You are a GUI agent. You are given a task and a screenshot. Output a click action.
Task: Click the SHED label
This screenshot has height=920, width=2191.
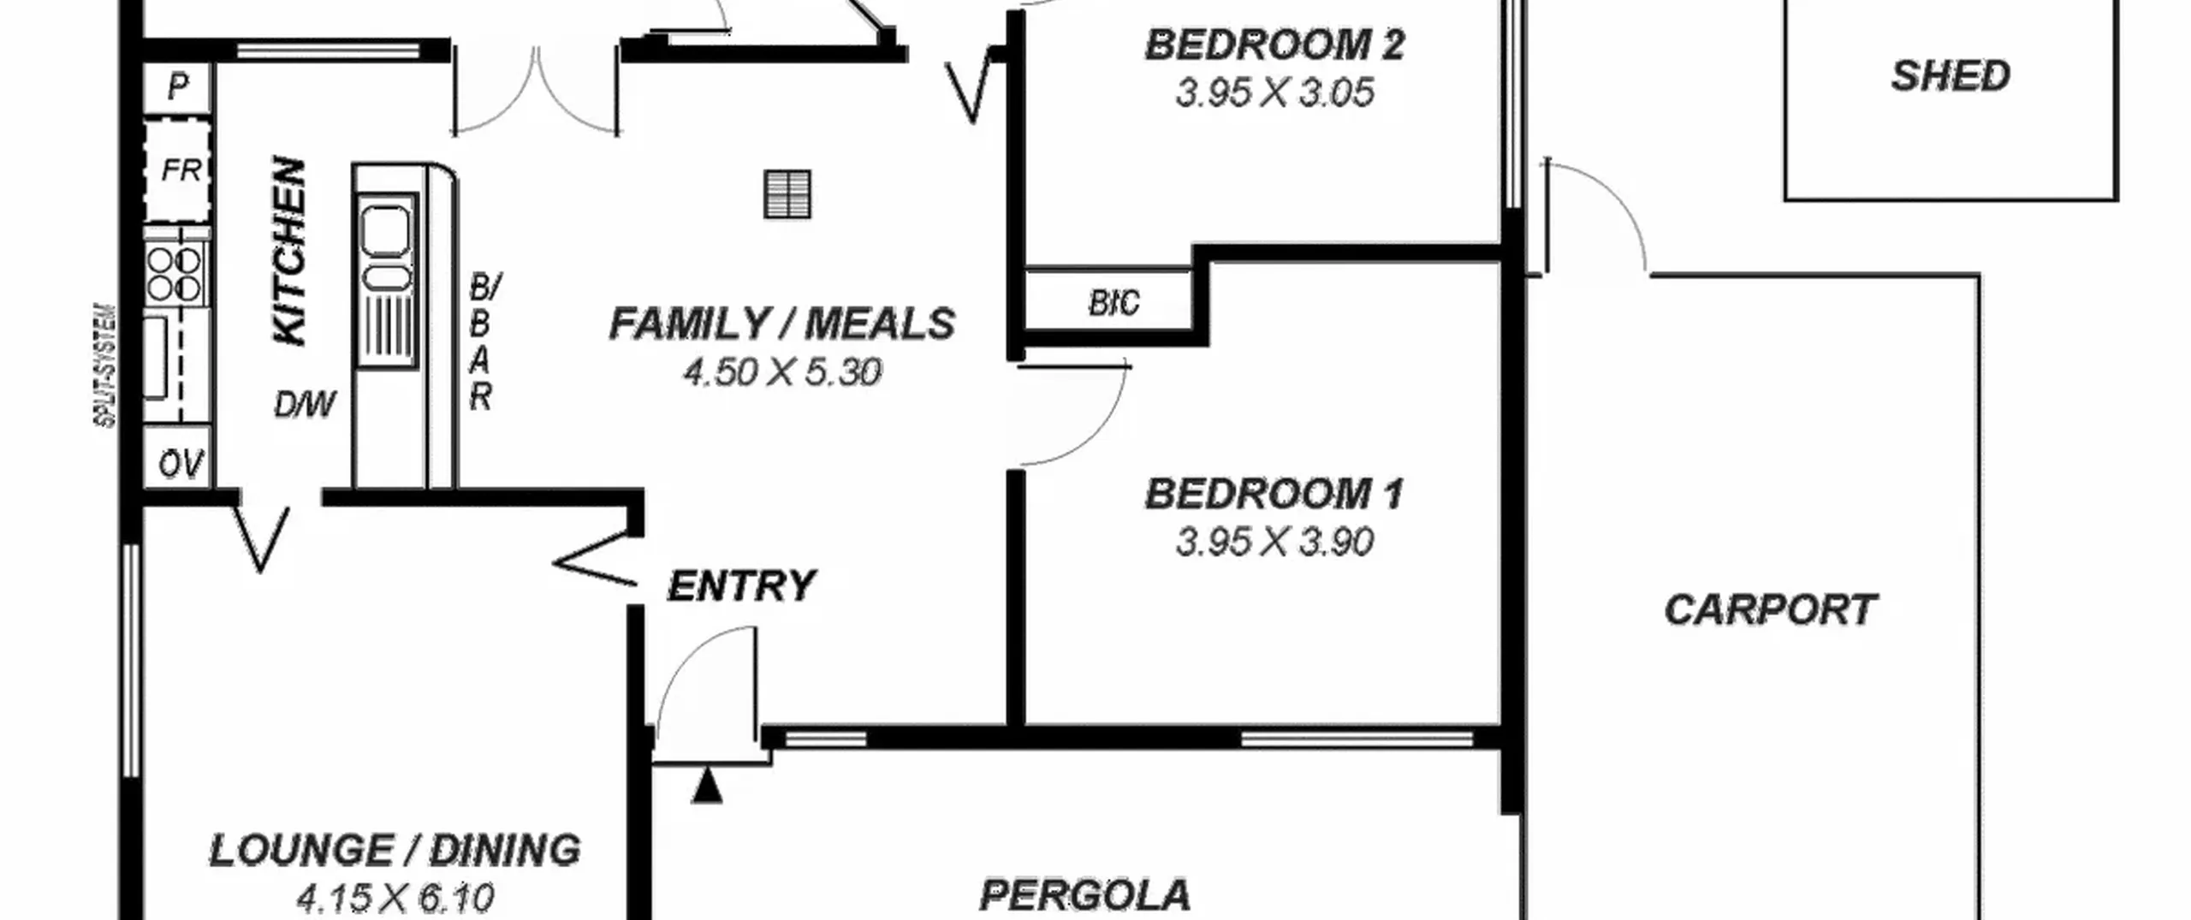(1950, 76)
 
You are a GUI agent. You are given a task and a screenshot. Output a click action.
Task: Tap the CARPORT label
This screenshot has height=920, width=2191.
(1770, 610)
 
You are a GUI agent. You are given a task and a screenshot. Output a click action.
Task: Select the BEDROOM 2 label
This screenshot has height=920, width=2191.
(1274, 45)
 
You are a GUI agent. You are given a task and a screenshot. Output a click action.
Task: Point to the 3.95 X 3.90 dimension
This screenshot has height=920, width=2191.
(1274, 542)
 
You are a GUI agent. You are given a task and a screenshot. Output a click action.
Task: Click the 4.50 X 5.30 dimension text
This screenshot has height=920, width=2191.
(782, 372)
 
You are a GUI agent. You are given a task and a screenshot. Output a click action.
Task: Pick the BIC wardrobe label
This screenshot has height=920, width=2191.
(1113, 303)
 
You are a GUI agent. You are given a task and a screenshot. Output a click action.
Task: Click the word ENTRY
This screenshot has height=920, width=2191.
(741, 586)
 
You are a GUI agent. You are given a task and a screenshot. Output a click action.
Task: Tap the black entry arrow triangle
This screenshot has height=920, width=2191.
(707, 786)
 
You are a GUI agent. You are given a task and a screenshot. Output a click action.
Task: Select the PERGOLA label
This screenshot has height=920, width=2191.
(1084, 895)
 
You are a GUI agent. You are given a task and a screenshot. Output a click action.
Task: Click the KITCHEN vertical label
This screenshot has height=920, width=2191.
(289, 251)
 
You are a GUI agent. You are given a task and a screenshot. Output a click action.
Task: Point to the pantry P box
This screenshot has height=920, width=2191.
(177, 87)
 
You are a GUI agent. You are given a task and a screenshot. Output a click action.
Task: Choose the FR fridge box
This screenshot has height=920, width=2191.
(177, 170)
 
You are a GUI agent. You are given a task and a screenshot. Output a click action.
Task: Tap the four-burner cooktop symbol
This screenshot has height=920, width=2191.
(175, 274)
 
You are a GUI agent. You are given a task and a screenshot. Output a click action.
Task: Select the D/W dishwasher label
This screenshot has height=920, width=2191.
(305, 404)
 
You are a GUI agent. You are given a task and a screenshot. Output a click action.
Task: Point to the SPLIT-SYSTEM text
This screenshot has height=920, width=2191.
(105, 365)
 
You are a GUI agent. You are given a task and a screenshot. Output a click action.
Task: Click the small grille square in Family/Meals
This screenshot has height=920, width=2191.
(787, 194)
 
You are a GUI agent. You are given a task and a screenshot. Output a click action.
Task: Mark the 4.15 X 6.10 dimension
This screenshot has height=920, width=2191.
(395, 898)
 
